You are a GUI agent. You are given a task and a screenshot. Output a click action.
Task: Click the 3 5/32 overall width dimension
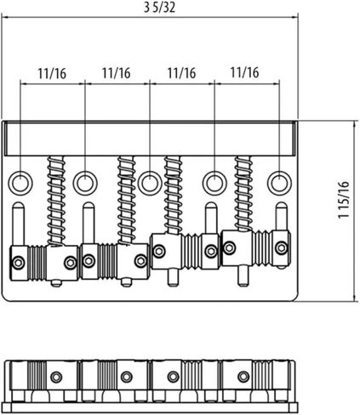pyautogui.click(x=159, y=7)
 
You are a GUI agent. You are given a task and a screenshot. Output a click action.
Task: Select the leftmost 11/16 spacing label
pyautogui.click(x=52, y=74)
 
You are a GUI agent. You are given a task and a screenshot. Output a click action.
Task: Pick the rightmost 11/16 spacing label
pyautogui.click(x=244, y=72)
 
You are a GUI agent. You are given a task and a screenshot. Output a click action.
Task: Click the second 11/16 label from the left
pyautogui.click(x=117, y=73)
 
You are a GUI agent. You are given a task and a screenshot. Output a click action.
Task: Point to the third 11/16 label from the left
pyautogui.click(x=181, y=73)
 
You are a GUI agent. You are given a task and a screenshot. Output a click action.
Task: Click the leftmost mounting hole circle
pyautogui.click(x=20, y=183)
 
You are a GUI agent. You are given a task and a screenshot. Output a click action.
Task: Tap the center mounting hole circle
pyautogui.click(x=150, y=183)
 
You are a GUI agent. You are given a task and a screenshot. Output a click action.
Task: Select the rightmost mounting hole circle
pyautogui.click(x=279, y=183)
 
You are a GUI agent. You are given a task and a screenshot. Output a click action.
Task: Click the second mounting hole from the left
pyautogui.click(x=85, y=183)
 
